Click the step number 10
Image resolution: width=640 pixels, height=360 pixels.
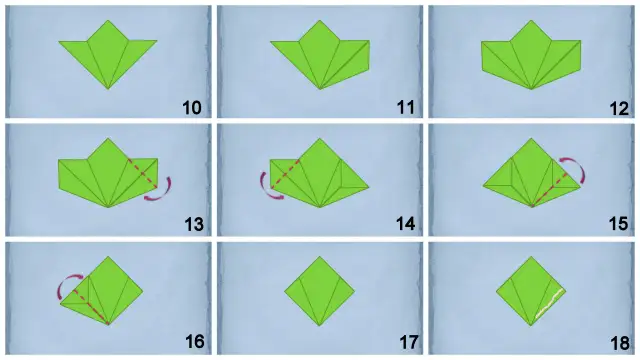pyautogui.click(x=192, y=108)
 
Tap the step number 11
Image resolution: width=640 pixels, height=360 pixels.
pyautogui.click(x=405, y=108)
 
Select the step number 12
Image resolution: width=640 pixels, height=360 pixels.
pyautogui.click(x=619, y=109)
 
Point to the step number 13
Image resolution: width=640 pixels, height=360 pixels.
pyautogui.click(x=194, y=224)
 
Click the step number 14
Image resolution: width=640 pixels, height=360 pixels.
pyautogui.click(x=406, y=224)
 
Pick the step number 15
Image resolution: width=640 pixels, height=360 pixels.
pyautogui.click(x=618, y=224)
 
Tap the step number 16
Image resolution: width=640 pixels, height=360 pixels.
pyautogui.click(x=195, y=341)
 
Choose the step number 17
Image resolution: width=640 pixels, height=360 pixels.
pyautogui.click(x=408, y=342)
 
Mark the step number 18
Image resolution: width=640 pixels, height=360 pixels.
pyautogui.click(x=620, y=343)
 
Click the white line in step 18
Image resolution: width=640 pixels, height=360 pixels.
pyautogui.click(x=549, y=303)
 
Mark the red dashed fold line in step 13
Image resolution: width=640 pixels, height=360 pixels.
pyautogui.click(x=142, y=174)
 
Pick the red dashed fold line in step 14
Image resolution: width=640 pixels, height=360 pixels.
pyautogui.click(x=285, y=175)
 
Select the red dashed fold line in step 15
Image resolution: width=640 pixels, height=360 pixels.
pyautogui.click(x=549, y=189)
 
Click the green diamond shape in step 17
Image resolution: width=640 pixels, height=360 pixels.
pyautogui.click(x=320, y=291)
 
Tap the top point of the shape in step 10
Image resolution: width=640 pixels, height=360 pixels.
pyautogui.click(x=108, y=20)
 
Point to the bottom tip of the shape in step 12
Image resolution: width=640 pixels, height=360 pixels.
pyautogui.click(x=531, y=89)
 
